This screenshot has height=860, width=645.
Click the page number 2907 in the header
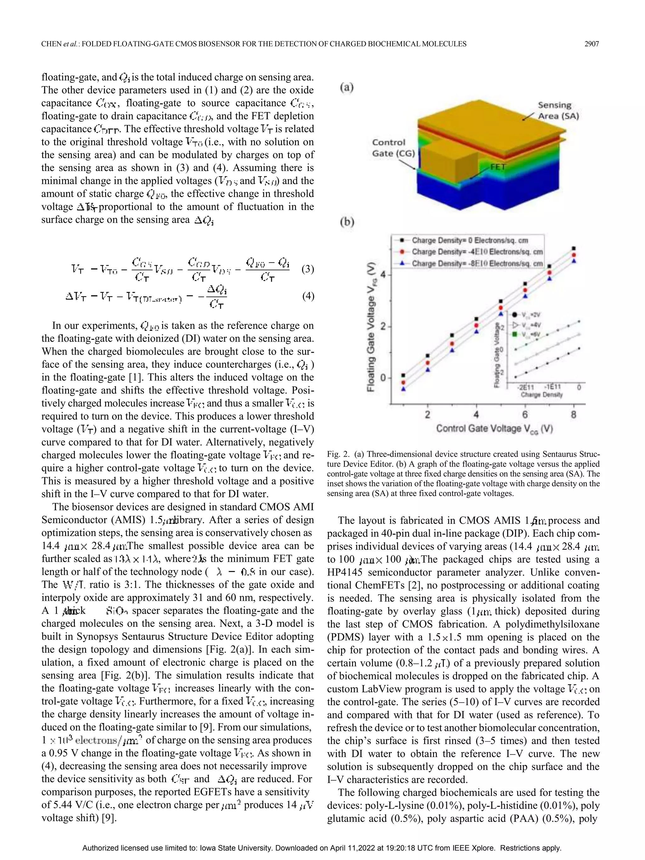tap(591, 44)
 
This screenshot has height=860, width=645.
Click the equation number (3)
tap(307, 269)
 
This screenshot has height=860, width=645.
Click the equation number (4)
tap(307, 297)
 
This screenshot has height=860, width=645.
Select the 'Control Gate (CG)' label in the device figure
tap(393, 148)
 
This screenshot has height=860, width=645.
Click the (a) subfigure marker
tap(346, 87)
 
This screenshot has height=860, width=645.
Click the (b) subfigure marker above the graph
tap(347, 222)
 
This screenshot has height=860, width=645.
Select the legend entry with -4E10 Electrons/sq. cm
tap(477, 252)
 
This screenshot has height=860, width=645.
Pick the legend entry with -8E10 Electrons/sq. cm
tap(477, 263)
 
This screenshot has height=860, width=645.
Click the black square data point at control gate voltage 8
tap(574, 248)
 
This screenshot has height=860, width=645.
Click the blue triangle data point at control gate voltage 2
tap(428, 369)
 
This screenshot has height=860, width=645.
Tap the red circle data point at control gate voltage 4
tap(476, 325)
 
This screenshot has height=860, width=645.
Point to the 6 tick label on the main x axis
tap(525, 414)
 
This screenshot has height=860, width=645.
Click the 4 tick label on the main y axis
tap(383, 275)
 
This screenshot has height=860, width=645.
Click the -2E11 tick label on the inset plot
tap(524, 387)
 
